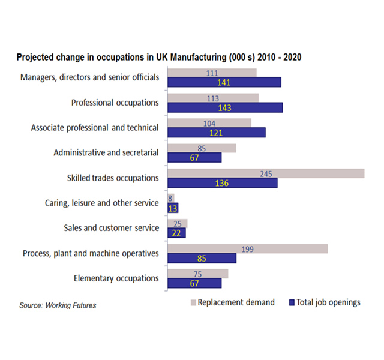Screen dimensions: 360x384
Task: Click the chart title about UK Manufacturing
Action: point(158,58)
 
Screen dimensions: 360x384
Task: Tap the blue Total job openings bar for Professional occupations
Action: point(225,107)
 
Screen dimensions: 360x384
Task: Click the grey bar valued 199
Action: point(247,248)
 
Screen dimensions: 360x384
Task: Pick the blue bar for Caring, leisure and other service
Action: point(173,208)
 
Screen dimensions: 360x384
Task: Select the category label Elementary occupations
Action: point(116,278)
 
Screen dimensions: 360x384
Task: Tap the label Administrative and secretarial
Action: point(106,152)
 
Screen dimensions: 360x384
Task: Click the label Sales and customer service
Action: point(111,228)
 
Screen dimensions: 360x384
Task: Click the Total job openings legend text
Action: point(329,302)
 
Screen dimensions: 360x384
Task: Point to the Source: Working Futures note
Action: point(58,305)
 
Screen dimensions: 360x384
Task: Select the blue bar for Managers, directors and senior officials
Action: point(224,82)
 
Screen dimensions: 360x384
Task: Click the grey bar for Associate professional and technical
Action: point(209,122)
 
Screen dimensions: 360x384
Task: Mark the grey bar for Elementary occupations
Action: point(198,274)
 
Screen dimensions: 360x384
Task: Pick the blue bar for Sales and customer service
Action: point(177,233)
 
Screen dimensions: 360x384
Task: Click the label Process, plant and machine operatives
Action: point(91,253)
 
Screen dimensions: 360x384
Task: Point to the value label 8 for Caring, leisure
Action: point(171,198)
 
